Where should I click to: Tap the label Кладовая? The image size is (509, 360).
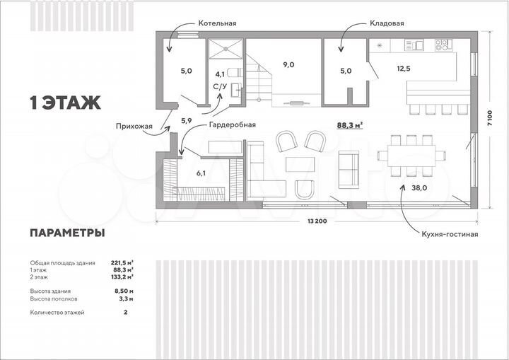coord(387,23)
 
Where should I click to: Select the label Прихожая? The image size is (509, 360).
coord(134,127)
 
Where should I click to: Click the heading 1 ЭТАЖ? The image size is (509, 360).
coord(65,103)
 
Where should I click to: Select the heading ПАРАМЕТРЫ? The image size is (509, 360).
coord(67,233)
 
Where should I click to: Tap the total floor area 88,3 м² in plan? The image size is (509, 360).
coord(350,124)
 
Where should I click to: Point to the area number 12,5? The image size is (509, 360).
coord(403,69)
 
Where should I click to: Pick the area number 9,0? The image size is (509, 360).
coord(289,65)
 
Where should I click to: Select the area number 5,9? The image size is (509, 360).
coord(187,121)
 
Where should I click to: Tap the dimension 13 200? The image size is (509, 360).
coord(316,221)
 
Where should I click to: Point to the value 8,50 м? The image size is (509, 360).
coord(124,291)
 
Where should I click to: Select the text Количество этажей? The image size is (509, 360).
coord(57,312)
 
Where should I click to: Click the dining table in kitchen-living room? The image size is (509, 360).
coord(411,156)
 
